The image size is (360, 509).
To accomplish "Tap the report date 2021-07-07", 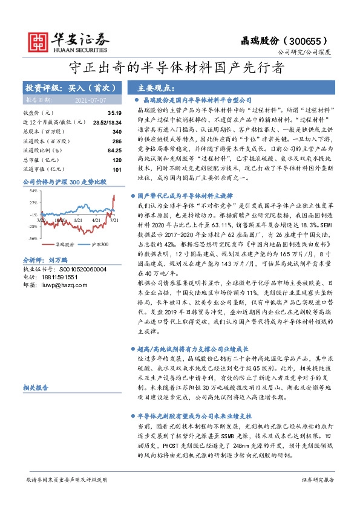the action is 90,99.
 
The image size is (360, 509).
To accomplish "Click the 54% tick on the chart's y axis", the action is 33,191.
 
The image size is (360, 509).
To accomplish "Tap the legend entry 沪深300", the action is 99,245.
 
